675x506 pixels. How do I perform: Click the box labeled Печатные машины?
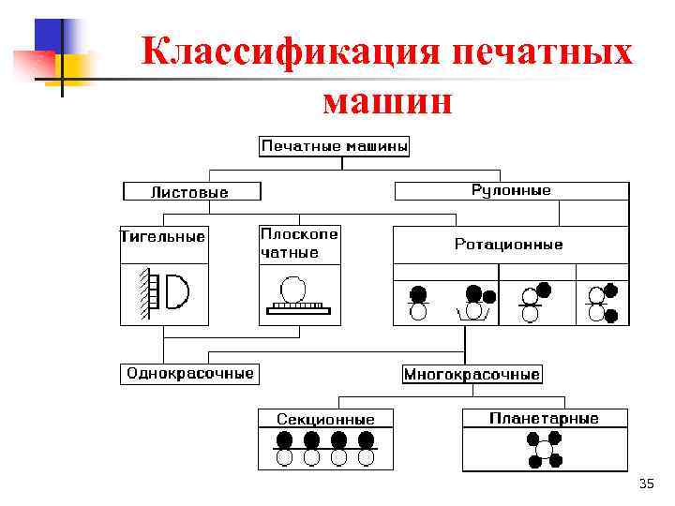335,147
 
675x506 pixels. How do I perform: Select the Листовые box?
189,191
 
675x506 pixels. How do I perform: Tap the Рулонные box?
511,190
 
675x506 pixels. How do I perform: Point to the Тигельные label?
163,236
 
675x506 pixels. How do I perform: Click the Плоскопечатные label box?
299,243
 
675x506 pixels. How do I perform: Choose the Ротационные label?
509,245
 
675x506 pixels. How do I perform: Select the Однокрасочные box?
189,373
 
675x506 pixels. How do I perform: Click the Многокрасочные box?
472,374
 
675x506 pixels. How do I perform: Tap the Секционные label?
325,419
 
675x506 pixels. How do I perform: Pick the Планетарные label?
544,418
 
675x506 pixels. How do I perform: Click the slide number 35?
646,484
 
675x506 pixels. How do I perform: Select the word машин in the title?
386,98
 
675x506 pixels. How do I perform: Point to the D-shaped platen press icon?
175,291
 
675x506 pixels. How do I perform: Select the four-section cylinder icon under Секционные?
325,449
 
